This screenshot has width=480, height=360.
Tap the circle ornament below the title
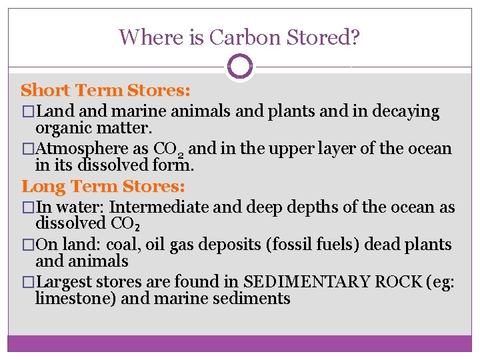[240, 67]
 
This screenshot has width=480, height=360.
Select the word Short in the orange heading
[47, 89]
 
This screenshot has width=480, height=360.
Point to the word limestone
[76, 298]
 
